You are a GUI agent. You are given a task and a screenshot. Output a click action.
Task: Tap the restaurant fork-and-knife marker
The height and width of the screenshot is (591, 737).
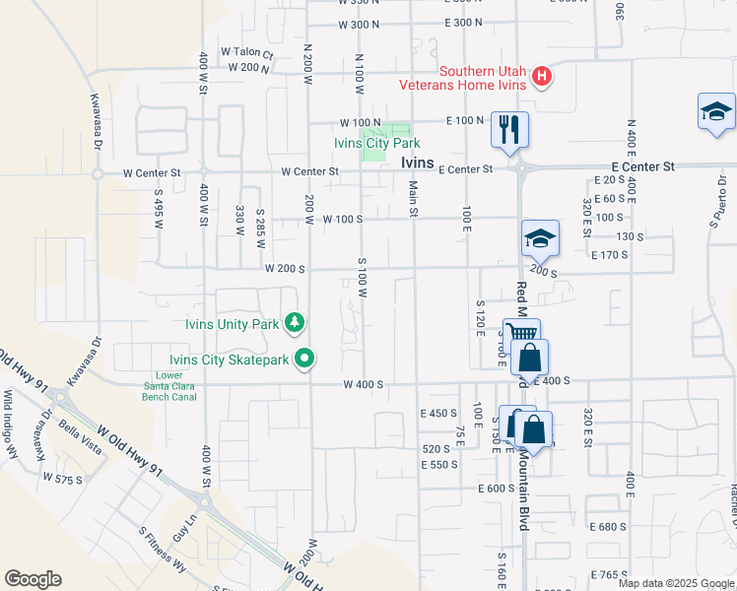pos(509,130)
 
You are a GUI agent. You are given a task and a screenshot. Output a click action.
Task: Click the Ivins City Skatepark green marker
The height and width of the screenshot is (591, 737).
pos(305,360)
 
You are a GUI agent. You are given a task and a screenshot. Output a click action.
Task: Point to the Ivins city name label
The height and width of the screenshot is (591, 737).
pos(425,165)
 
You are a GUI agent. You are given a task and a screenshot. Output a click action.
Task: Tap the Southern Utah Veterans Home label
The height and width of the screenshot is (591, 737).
pos(463,78)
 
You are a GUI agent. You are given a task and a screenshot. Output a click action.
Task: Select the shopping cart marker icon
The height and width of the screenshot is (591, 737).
pos(520,336)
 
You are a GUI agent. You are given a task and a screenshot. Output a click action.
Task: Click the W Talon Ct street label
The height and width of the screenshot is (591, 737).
pos(246,52)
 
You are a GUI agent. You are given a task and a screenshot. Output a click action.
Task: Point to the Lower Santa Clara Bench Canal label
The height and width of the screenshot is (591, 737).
pos(169,385)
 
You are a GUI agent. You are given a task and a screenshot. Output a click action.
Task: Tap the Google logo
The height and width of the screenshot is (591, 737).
pos(33,579)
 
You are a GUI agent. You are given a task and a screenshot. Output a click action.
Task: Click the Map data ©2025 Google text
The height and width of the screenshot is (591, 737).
pos(676,583)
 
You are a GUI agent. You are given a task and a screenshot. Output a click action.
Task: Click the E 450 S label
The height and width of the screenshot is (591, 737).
pos(438,414)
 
